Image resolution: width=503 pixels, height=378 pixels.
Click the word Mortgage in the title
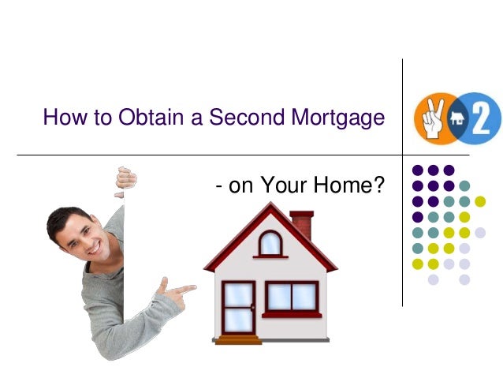(340, 119)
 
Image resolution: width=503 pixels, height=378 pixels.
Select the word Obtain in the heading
(158, 118)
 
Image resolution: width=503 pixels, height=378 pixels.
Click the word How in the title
(61, 118)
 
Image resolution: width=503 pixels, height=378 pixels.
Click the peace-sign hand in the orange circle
(431, 117)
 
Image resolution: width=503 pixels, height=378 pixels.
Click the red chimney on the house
(301, 224)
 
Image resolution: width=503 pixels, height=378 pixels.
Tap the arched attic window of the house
(270, 244)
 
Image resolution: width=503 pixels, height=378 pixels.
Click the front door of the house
(238, 309)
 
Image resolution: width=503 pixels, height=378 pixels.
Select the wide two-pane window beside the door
(291, 297)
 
